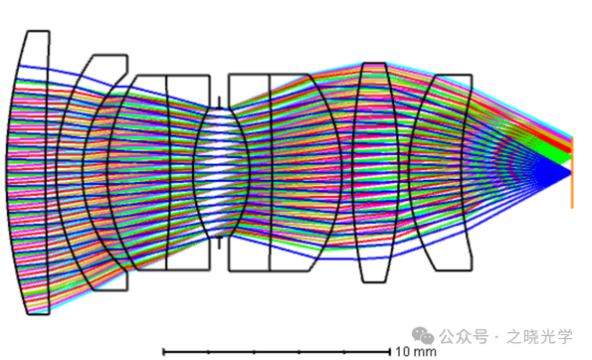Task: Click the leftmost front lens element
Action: pos(28,172)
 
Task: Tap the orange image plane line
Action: pos(572,172)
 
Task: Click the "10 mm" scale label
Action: pos(416,352)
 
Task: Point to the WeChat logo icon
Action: pos(423,335)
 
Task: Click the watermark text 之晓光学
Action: pos(539,336)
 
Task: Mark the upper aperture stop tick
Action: pos(219,101)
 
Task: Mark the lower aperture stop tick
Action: pos(219,243)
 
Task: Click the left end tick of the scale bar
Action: pos(163,352)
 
